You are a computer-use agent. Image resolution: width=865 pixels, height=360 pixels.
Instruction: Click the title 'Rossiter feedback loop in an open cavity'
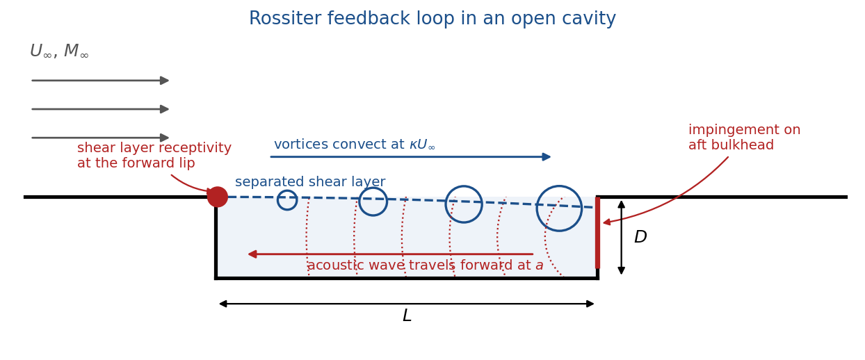pyautogui.click(x=432, y=18)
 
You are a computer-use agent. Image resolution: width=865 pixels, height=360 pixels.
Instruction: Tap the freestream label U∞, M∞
pyautogui.click(x=60, y=51)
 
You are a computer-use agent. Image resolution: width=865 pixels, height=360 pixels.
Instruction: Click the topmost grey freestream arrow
pyautogui.click(x=100, y=80)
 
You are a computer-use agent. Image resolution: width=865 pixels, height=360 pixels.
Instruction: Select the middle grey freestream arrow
pyautogui.click(x=100, y=109)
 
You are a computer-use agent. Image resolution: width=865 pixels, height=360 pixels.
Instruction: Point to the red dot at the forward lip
pyautogui.click(x=218, y=197)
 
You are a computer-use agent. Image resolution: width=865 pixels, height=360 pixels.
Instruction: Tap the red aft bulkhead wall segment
pyautogui.click(x=597, y=233)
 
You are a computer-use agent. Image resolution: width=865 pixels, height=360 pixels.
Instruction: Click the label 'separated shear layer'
pyautogui.click(x=310, y=181)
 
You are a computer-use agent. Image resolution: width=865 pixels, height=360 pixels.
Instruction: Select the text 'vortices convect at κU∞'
pyautogui.click(x=355, y=145)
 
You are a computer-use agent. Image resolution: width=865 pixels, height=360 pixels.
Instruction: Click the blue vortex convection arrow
pyautogui.click(x=410, y=156)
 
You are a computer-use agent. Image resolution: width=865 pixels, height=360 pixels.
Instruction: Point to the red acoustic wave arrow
pyautogui.click(x=390, y=254)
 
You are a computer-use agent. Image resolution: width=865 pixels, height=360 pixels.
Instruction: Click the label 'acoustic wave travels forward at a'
pyautogui.click(x=425, y=265)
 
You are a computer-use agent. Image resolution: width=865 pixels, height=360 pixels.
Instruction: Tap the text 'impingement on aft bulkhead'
pyautogui.click(x=744, y=138)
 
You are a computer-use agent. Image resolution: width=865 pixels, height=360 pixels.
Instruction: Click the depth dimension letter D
pyautogui.click(x=640, y=237)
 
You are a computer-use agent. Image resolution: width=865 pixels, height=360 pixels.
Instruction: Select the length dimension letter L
pyautogui.click(x=407, y=316)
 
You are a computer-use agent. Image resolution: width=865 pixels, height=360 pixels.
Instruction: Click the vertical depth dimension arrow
pyautogui.click(x=622, y=237)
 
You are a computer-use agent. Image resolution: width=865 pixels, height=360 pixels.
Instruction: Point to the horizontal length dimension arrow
pyautogui.click(x=407, y=304)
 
